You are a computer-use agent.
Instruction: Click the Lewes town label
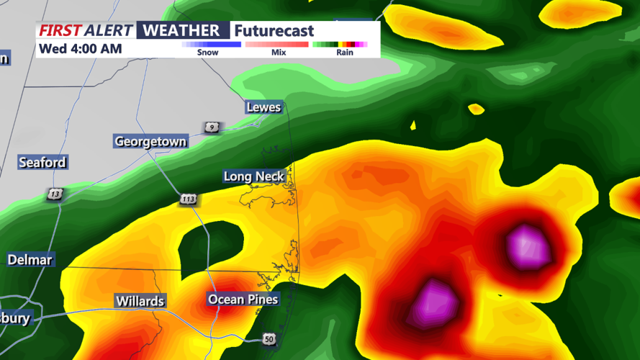coord(263,107)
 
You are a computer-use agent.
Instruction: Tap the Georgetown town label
coord(150,141)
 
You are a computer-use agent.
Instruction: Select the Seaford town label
coord(42,163)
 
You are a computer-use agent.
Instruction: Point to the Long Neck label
coord(254,176)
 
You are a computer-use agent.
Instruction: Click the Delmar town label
coord(31,259)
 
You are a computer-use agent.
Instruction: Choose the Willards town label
coord(140,301)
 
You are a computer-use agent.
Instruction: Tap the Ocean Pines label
coord(243,299)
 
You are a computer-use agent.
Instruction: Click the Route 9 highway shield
coord(211,127)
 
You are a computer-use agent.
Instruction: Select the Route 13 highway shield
coord(55,194)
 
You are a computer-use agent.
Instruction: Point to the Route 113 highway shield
coord(189,198)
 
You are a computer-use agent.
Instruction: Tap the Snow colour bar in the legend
coord(211,44)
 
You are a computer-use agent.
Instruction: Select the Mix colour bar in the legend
coord(278,44)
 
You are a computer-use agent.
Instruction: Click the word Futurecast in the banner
coord(274,31)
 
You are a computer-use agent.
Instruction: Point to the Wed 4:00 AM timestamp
coord(80,49)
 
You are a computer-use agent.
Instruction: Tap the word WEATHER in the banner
coord(181,30)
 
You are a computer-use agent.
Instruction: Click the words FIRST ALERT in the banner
coord(86,30)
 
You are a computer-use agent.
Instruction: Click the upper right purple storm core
coord(528,246)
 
